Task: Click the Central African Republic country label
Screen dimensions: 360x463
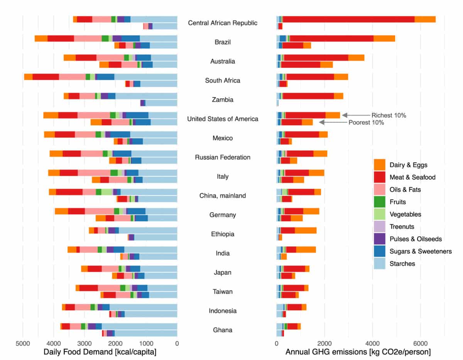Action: (x=223, y=23)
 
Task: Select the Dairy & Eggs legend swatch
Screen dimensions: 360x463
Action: (x=380, y=165)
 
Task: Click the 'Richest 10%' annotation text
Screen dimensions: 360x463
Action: (x=389, y=115)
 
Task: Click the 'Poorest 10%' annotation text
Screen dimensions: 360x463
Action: (x=366, y=123)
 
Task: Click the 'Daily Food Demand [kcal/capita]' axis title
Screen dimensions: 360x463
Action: (x=100, y=352)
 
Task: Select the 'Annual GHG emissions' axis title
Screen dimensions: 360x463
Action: (x=358, y=352)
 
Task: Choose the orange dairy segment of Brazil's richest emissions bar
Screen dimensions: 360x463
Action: (x=384, y=38)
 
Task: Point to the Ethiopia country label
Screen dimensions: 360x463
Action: (x=223, y=234)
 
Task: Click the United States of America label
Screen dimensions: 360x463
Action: (x=223, y=119)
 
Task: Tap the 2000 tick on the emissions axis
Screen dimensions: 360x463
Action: (x=324, y=341)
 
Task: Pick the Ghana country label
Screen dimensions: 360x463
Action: (x=223, y=330)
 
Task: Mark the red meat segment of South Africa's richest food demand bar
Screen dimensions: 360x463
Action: (x=46, y=77)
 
